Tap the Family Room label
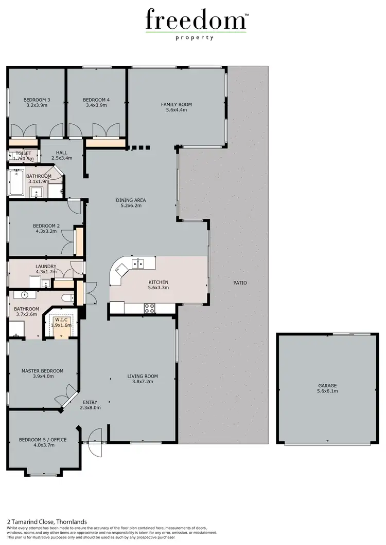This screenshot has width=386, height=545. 176,104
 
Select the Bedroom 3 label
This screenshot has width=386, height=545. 37,100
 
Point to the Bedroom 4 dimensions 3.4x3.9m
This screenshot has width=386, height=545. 96,105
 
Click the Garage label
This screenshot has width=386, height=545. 327,385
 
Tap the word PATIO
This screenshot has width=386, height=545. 240,283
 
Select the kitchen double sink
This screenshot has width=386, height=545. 137,264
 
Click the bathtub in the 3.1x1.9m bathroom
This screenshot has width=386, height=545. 16,184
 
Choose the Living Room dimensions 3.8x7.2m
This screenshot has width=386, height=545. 143,382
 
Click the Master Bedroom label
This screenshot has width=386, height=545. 42,370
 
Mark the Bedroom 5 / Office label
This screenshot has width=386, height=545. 43,439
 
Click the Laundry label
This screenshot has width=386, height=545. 42,266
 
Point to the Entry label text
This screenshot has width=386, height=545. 90,402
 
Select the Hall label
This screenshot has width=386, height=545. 61,153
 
